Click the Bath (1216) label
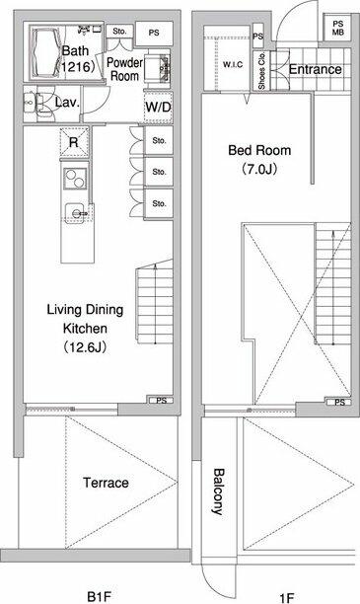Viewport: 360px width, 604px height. coord(78,58)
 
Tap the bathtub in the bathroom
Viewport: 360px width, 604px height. coord(45,51)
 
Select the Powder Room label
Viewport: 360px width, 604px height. coord(123,69)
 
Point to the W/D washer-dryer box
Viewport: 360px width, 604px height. coord(158,108)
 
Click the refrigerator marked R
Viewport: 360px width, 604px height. coord(74,142)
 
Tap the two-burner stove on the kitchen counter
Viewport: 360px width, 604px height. coord(75,179)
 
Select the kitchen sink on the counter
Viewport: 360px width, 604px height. coord(77,213)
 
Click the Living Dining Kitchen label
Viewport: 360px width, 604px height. coord(85,329)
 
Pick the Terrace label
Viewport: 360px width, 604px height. coord(106,483)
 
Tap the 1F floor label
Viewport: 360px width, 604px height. coord(286,597)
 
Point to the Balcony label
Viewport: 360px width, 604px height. coord(219,491)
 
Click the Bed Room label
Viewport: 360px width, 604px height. coord(259,159)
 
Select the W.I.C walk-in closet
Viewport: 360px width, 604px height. coord(227,58)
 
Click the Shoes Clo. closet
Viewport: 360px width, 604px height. coord(261,70)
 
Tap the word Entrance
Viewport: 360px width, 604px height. coord(315,69)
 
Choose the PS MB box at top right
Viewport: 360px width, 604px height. coord(337,28)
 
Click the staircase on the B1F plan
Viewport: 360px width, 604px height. coord(155,302)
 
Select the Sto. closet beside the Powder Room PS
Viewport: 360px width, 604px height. coord(119,32)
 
